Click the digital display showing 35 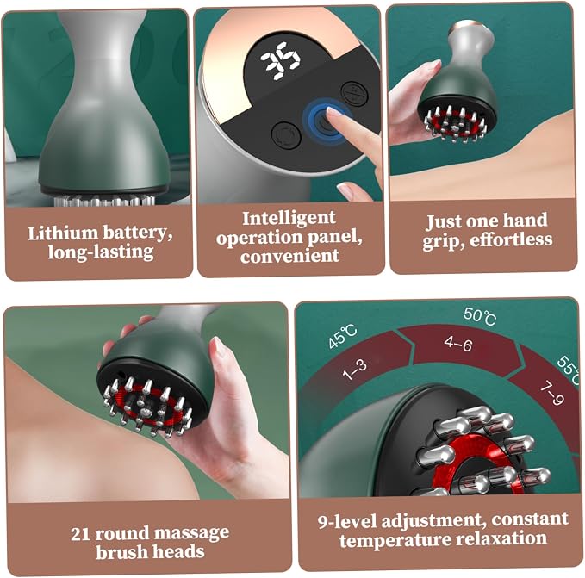click(x=280, y=61)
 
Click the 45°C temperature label click(x=343, y=336)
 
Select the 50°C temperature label click(x=480, y=316)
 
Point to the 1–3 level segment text click(x=355, y=370)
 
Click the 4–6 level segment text click(x=458, y=344)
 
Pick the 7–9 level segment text click(x=552, y=394)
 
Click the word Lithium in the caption click(x=63, y=233)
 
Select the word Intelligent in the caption click(x=289, y=218)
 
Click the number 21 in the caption click(x=80, y=534)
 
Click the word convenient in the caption click(x=289, y=256)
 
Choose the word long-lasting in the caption click(x=101, y=252)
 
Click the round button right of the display click(x=355, y=94)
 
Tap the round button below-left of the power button click(x=286, y=136)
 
